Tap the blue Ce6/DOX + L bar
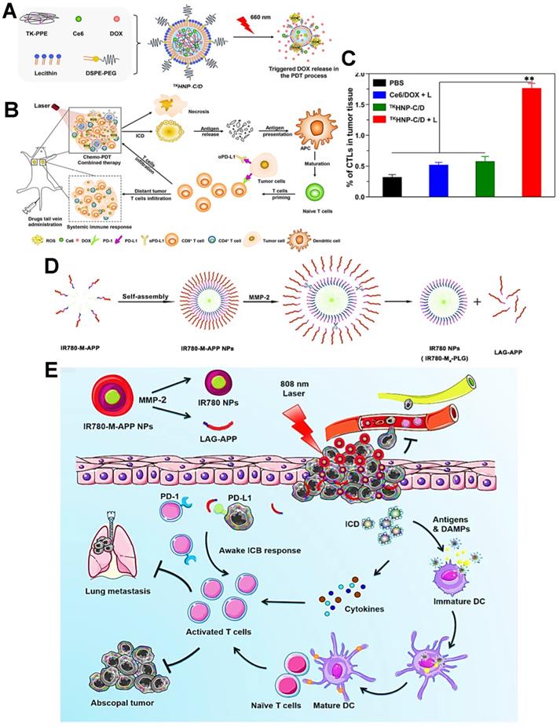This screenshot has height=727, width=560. coord(439,181)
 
